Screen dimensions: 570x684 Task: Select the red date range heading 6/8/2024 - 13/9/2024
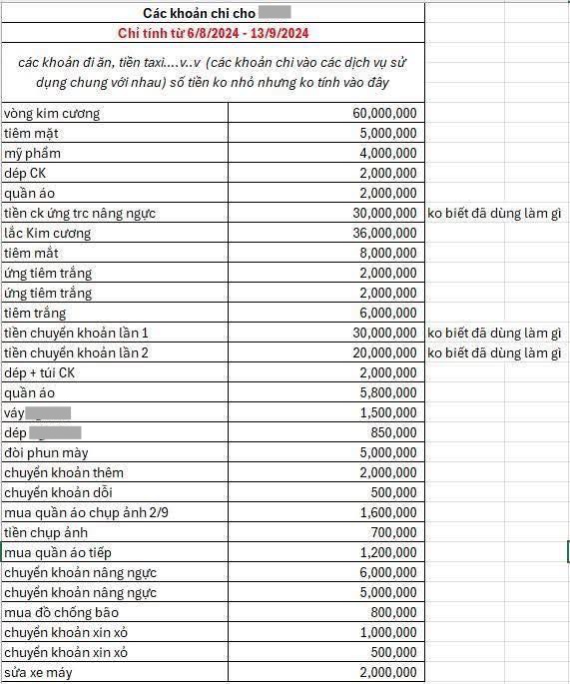click(x=212, y=33)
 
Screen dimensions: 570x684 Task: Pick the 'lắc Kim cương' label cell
click(x=48, y=233)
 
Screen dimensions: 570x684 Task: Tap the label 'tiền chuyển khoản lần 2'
click(x=76, y=352)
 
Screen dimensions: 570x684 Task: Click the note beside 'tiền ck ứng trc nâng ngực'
click(x=494, y=213)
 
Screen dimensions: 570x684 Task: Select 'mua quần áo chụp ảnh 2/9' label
click(x=79, y=512)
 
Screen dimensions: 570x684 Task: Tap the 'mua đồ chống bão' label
click(x=59, y=612)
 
